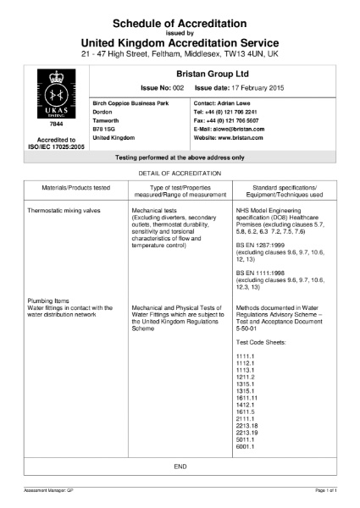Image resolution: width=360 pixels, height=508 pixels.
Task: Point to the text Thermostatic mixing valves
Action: [x=64, y=208]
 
